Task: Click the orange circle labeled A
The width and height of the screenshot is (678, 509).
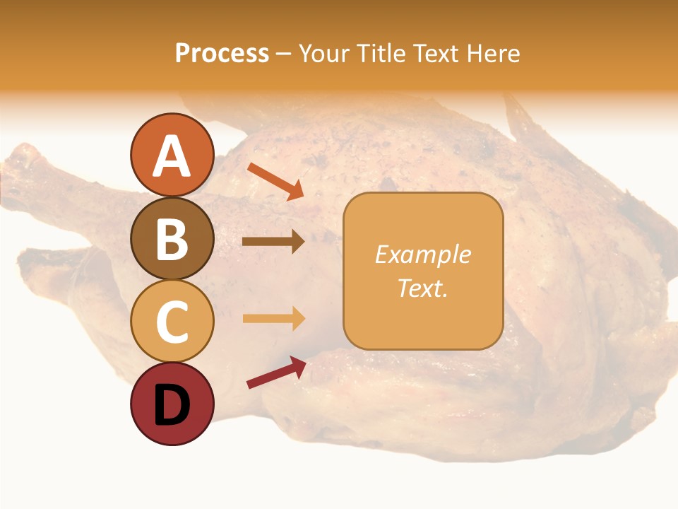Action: [x=172, y=155]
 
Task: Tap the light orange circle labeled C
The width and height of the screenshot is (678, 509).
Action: [x=172, y=321]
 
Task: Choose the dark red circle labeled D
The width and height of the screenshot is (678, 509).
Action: [x=172, y=404]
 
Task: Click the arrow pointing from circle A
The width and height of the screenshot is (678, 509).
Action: [x=275, y=181]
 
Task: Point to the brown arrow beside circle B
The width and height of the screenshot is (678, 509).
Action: [x=273, y=241]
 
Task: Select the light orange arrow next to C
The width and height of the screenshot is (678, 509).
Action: [x=273, y=318]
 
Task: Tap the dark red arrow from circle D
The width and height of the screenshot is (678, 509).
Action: [x=276, y=372]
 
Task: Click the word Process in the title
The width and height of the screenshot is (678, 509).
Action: [x=222, y=53]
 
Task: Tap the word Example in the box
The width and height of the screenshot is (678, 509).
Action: [x=422, y=255]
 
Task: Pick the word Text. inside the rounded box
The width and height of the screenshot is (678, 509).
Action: [x=422, y=288]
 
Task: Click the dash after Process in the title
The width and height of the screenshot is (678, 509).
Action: [x=283, y=54]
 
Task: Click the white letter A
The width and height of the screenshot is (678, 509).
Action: [x=172, y=156]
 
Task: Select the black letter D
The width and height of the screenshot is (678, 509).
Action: [x=172, y=405]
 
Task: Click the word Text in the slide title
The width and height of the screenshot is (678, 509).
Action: [x=435, y=53]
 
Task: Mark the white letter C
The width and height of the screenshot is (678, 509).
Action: [x=172, y=322]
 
